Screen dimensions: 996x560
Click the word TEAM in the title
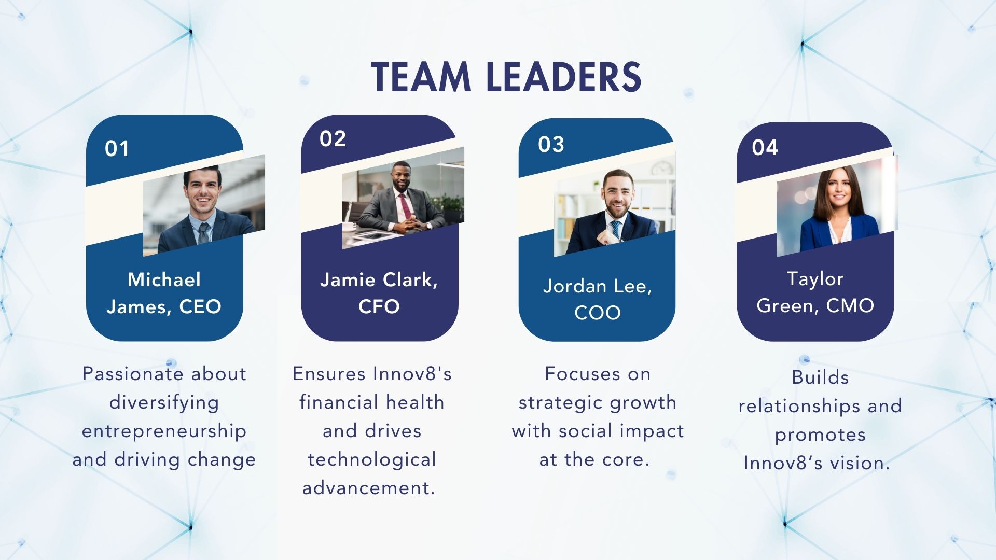coord(421,77)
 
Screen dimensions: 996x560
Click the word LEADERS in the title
coord(564,77)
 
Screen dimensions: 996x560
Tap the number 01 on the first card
coord(117,149)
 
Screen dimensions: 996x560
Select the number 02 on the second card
coord(333,139)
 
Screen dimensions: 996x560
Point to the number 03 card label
coord(551,145)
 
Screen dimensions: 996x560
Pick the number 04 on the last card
coord(765,148)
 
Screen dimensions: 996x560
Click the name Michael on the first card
coord(164,279)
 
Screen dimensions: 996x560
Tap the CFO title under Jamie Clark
coord(379,306)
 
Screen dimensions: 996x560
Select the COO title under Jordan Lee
coord(598,313)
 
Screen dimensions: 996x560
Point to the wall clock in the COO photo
coord(662,167)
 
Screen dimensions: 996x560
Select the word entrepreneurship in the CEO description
coord(164,431)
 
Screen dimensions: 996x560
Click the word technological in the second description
coord(372,460)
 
